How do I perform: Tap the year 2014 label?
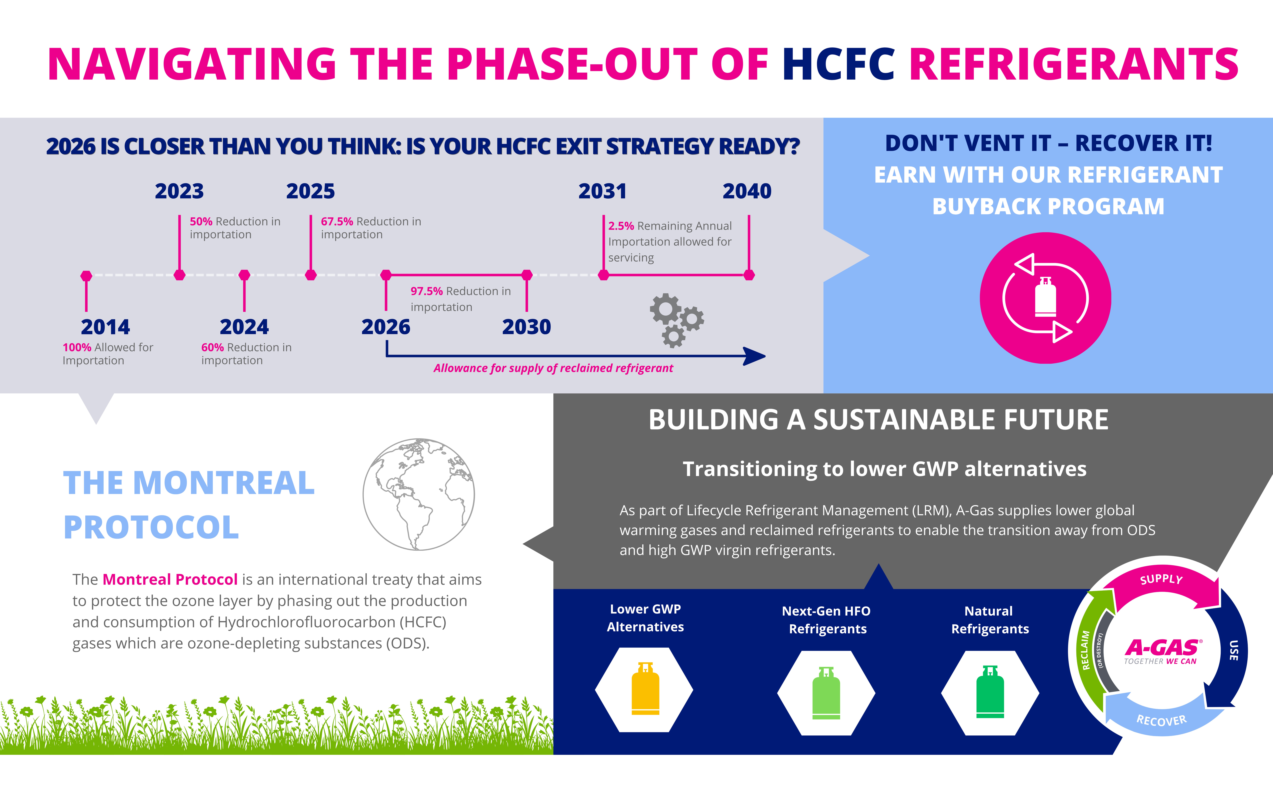[105, 327]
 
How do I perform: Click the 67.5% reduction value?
[337, 222]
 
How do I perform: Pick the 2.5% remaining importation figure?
[621, 226]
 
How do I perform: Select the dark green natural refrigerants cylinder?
[990, 692]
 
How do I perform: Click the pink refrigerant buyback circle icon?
[1045, 298]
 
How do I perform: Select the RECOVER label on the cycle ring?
[1161, 720]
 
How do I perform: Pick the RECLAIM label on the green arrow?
[1085, 650]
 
